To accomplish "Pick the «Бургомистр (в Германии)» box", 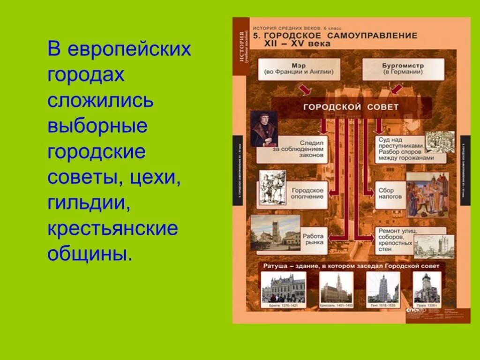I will [403, 69].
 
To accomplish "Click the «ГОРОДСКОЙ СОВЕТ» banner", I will [351, 107].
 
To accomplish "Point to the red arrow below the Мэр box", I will [305, 89].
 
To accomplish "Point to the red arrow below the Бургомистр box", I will [397, 89].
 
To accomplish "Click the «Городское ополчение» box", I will [307, 193].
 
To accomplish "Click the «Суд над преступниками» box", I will [399, 150].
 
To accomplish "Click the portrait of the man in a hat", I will [263, 129].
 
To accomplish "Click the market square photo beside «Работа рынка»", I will [275, 232].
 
